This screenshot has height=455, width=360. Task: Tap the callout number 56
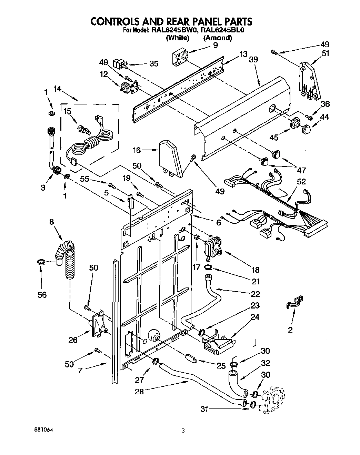(x=42, y=294)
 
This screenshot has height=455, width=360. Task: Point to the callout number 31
(x=205, y=409)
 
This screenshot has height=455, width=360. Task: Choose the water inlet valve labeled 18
(x=213, y=246)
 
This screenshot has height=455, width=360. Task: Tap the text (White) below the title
(x=178, y=38)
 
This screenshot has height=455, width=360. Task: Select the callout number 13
(x=243, y=54)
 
